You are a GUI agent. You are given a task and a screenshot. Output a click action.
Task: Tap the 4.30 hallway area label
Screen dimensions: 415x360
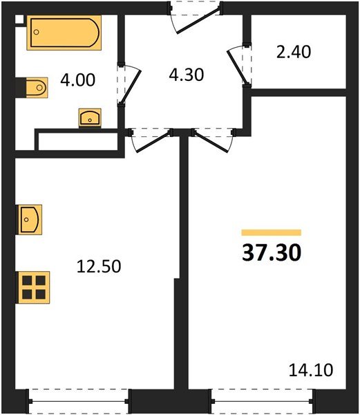coord(186,73)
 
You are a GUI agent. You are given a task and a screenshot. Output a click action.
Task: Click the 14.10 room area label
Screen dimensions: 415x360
coord(313,370)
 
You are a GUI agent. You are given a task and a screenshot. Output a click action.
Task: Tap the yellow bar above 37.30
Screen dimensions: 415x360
coord(271,233)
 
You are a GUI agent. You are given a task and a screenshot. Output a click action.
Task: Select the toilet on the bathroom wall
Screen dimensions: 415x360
coord(33,87)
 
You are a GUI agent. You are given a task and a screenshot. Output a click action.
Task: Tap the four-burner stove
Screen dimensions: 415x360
coord(33,286)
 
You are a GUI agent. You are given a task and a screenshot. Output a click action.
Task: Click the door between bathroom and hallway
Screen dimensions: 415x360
coord(129,84)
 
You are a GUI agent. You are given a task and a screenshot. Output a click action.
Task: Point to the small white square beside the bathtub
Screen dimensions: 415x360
coord(19,21)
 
